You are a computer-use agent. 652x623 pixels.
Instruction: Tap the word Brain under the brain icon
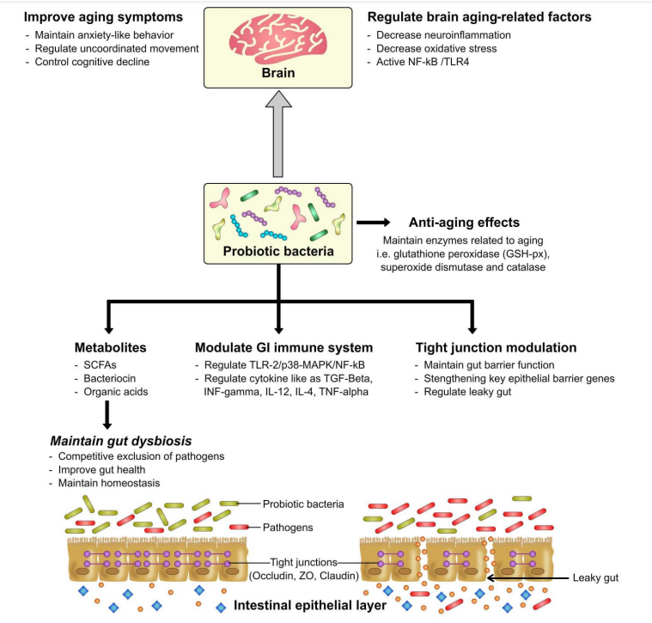click(278, 73)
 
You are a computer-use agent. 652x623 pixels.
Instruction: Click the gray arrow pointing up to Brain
click(278, 134)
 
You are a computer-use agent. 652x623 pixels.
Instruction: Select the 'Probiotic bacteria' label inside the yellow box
click(278, 251)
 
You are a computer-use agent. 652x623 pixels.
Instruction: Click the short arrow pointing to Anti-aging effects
click(374, 223)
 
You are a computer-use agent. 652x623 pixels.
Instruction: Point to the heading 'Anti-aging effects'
click(464, 223)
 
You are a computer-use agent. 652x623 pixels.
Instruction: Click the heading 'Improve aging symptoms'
click(103, 17)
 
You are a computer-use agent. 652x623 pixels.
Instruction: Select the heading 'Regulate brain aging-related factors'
click(479, 17)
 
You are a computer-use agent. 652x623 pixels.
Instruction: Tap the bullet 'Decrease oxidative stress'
click(436, 49)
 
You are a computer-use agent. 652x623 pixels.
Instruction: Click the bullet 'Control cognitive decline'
click(92, 62)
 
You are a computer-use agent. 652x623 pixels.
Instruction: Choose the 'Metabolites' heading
click(111, 348)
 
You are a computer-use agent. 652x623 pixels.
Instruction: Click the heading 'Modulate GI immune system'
click(284, 348)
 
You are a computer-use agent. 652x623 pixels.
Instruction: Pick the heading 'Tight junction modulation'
click(496, 348)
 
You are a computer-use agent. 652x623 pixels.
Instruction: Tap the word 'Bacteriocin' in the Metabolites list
click(110, 378)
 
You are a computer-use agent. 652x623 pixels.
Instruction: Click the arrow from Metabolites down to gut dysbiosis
click(107, 415)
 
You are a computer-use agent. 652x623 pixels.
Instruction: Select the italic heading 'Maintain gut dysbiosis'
click(121, 441)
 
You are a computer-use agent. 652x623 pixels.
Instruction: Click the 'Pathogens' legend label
click(288, 528)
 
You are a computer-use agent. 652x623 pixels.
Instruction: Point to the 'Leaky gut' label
click(595, 577)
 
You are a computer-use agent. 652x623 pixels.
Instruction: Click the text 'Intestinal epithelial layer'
click(310, 606)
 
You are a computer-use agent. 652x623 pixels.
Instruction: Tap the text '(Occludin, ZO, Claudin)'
click(304, 576)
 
